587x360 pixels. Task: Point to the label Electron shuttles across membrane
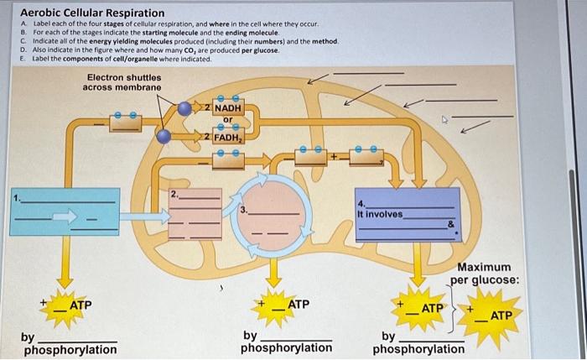point(124,81)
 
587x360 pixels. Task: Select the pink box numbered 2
point(195,215)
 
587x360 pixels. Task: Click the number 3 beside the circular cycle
point(243,210)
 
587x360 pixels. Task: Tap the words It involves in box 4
point(379,214)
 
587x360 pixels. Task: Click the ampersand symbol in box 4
point(450,224)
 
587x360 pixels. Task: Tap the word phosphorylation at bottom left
point(70,349)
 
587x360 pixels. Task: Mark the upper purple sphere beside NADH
point(184,107)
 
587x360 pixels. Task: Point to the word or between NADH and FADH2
point(226,119)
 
